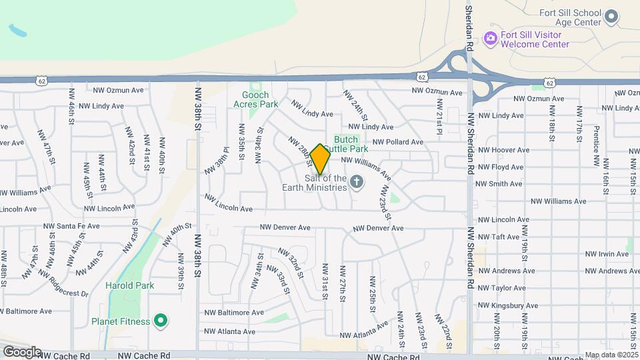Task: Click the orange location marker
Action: tap(320, 159)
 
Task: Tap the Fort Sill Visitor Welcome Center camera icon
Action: tap(491, 38)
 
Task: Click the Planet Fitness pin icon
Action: tap(160, 321)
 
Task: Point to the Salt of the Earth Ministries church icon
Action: tap(357, 181)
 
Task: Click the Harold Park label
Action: tap(129, 285)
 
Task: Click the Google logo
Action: tap(22, 352)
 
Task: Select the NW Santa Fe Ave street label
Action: tap(78, 226)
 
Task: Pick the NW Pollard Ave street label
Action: tap(397, 142)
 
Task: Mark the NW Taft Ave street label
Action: tap(499, 237)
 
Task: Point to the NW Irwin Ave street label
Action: tap(607, 254)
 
